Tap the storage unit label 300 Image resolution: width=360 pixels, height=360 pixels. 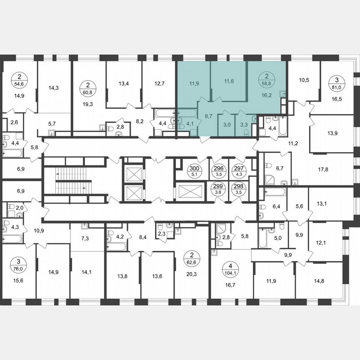coord(194,171)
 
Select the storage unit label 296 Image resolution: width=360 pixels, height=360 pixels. coord(217,171)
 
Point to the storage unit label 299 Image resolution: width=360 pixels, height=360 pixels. coord(217,190)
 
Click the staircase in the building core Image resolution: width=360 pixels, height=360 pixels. coord(73,180)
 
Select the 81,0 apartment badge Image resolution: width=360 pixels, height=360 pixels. coord(336,81)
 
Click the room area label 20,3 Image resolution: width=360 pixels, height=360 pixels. coord(192,274)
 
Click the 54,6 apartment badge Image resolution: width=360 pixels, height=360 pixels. coord(19,79)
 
